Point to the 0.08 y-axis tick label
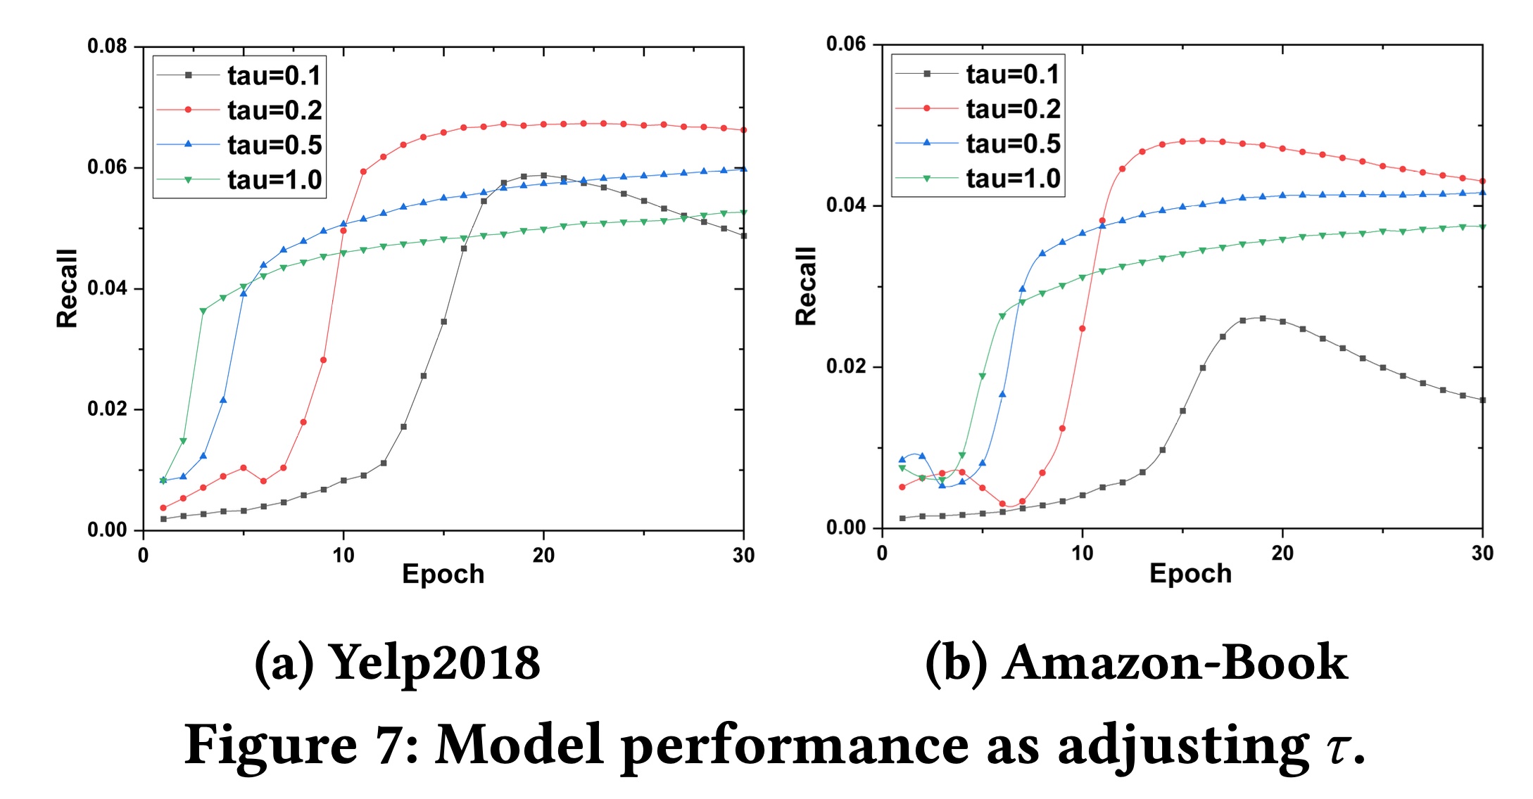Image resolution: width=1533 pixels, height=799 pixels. pyautogui.click(x=107, y=46)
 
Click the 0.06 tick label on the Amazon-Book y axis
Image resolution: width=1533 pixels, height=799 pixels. pyautogui.click(x=846, y=44)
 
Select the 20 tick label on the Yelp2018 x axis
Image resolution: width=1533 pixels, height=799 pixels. pyautogui.click(x=543, y=556)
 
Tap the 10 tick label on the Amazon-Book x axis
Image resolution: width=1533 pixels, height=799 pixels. pyautogui.click(x=1083, y=554)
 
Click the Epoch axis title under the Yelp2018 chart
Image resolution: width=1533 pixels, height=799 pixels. pyautogui.click(x=443, y=575)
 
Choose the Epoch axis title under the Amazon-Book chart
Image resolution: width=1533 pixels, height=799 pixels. pyautogui.click(x=1190, y=574)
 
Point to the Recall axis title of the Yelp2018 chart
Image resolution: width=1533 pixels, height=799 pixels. pyautogui.click(x=67, y=288)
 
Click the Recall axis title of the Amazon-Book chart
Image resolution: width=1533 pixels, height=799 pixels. pyautogui.click(x=806, y=286)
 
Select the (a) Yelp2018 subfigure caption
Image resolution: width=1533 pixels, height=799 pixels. pyautogui.click(x=398, y=663)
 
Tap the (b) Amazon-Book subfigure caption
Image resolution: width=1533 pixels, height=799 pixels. pyautogui.click(x=1136, y=663)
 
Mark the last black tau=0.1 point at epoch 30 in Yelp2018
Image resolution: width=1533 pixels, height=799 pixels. pyautogui.click(x=744, y=236)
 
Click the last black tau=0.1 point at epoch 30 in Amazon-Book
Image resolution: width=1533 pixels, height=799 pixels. pyautogui.click(x=1483, y=400)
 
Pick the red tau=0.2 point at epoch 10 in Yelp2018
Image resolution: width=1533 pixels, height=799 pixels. pyautogui.click(x=343, y=231)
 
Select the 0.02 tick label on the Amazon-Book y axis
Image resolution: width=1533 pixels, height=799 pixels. pyautogui.click(x=846, y=366)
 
